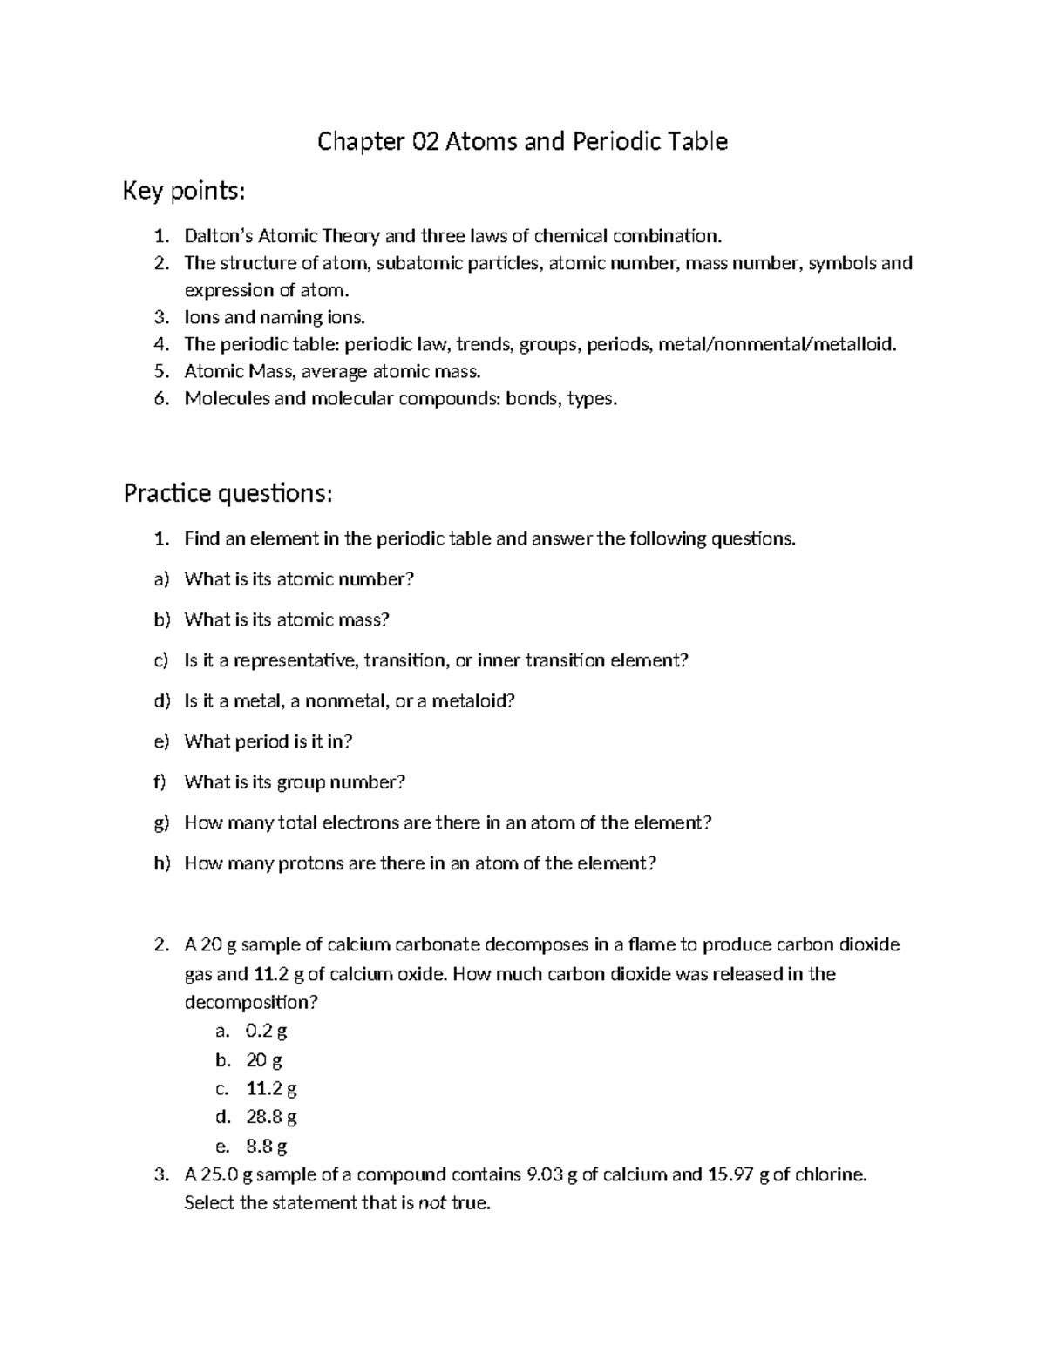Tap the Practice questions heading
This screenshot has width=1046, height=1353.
(228, 494)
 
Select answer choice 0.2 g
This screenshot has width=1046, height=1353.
(266, 1032)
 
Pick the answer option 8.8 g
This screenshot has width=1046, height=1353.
(266, 1146)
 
